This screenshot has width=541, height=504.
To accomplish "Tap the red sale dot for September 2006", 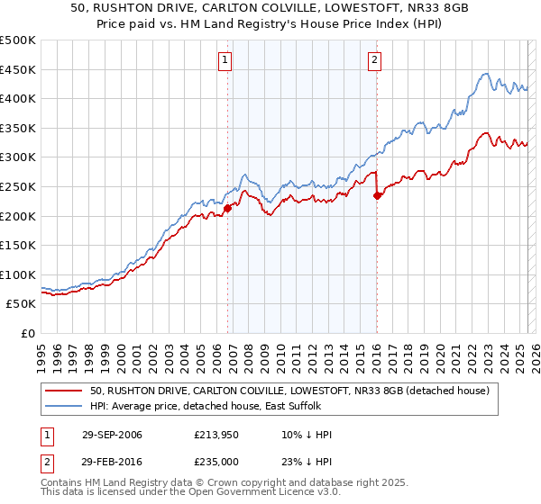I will point(227,208).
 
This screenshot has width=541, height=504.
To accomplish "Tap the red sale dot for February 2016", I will point(377,195).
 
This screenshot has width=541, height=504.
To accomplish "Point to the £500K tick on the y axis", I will point(18,40).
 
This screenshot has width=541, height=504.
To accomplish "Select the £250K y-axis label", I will point(18,186).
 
